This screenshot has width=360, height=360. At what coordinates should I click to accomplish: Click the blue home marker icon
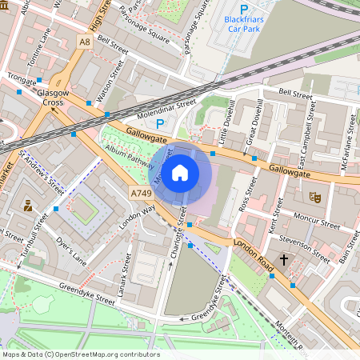point(180,171)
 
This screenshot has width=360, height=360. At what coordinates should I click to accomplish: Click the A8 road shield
point(85,41)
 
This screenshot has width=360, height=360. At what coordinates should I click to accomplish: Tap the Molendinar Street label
point(164,104)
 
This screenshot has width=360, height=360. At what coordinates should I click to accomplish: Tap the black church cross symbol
point(284,261)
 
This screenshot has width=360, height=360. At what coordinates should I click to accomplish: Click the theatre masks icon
point(314,196)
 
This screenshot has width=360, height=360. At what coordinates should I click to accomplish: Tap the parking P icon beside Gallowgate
point(160,124)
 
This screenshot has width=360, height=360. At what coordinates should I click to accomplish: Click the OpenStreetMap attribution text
point(80,354)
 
